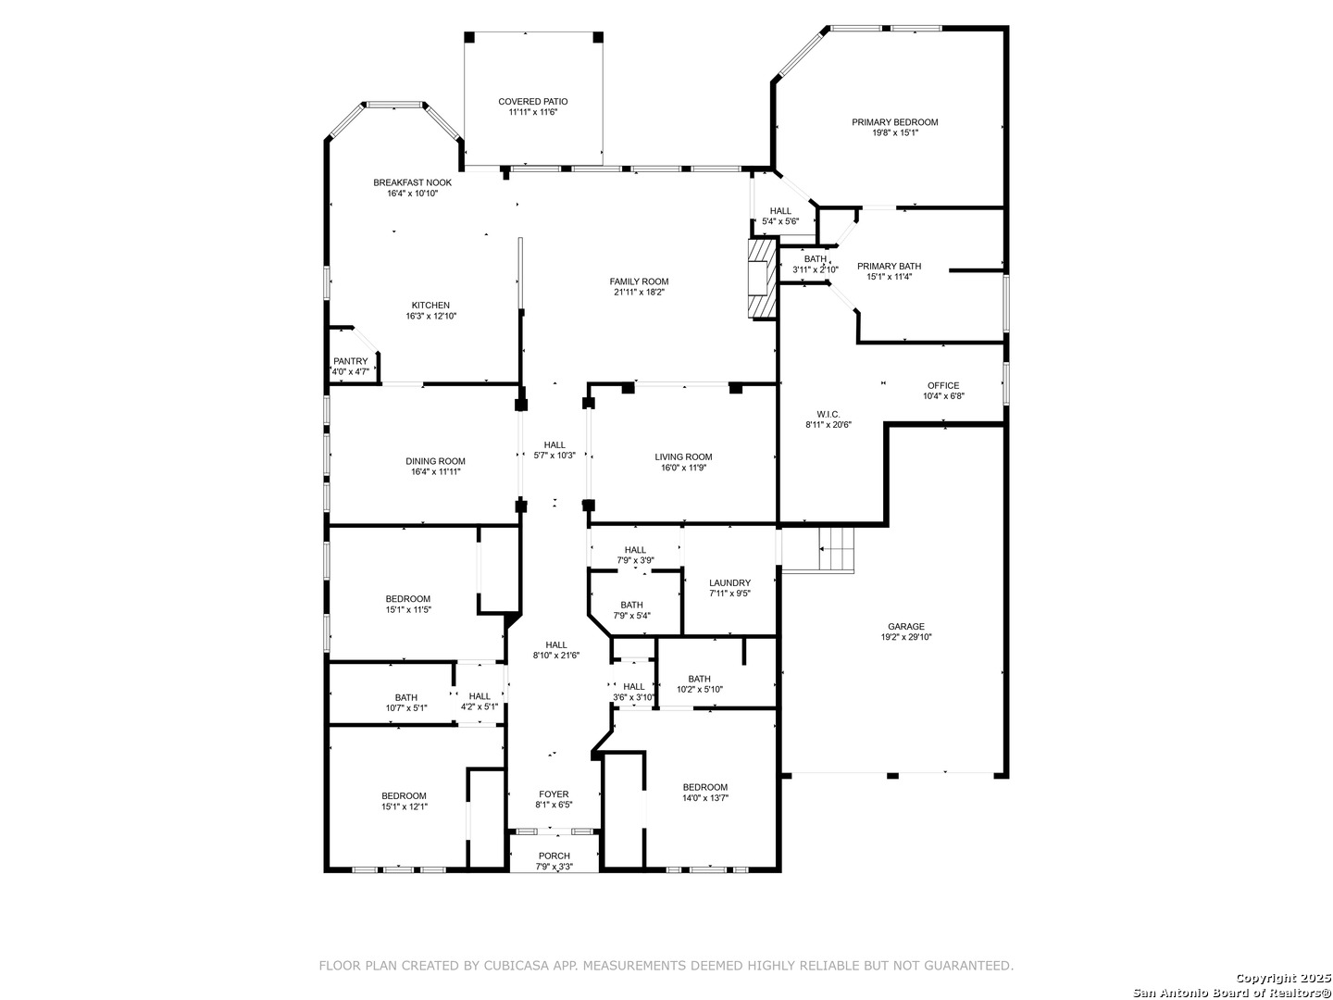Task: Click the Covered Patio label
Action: [x=532, y=102]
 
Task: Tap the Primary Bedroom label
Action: [x=894, y=122]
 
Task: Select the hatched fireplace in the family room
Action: [x=763, y=278]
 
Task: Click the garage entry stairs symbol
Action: [x=836, y=548]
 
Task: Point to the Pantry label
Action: [x=351, y=361]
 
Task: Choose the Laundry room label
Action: [x=730, y=583]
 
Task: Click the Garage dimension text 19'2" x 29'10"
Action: [x=906, y=637]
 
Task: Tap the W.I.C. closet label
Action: [x=828, y=414]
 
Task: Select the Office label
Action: [x=943, y=385]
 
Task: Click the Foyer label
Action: [x=554, y=794]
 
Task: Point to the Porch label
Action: [x=554, y=856]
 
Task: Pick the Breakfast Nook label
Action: [x=412, y=182]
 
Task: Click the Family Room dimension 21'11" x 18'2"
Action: [x=639, y=292]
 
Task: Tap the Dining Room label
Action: [x=435, y=461]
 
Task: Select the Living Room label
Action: [x=683, y=457]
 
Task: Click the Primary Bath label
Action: [x=889, y=266]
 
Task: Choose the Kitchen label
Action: [x=430, y=306]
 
